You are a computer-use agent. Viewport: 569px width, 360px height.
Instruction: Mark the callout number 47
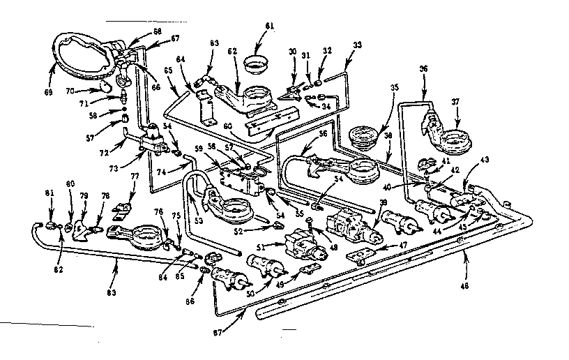[383, 246]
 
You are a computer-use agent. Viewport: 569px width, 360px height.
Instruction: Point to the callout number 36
[423, 68]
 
